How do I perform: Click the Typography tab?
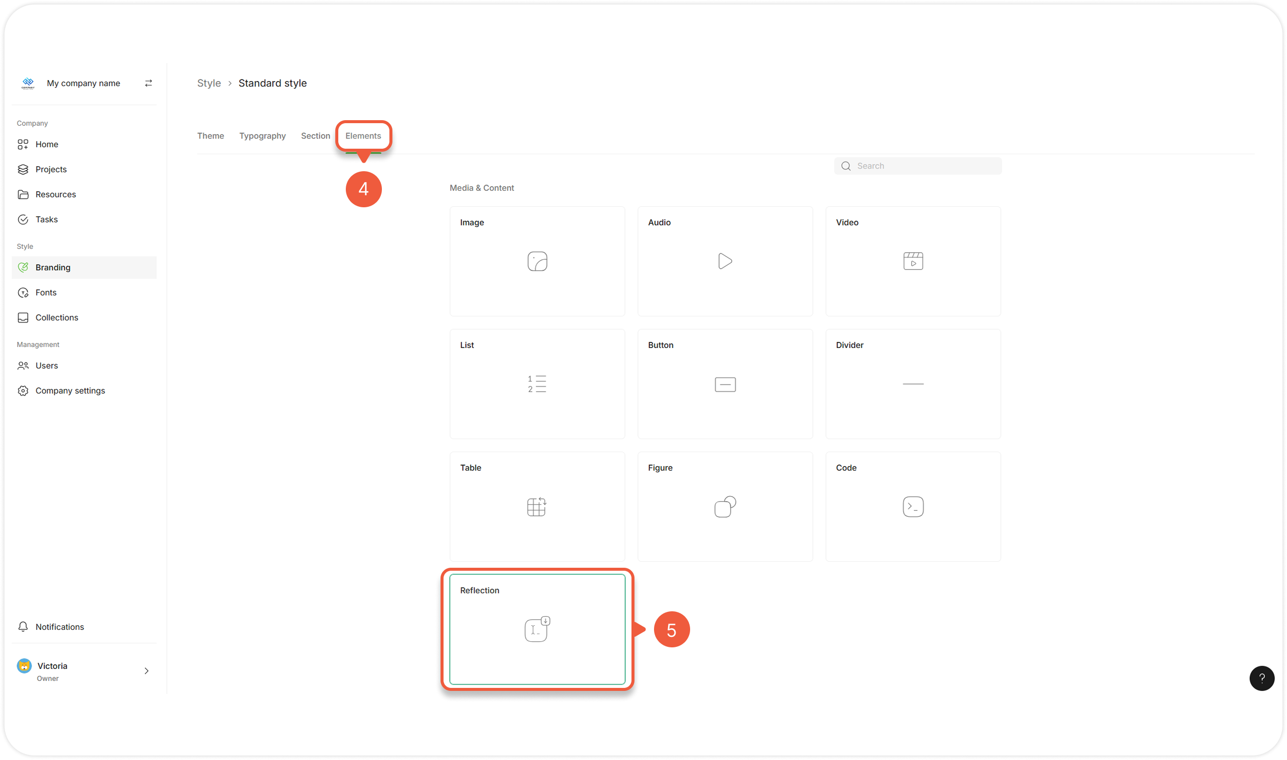pos(263,136)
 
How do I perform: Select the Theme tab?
pos(210,136)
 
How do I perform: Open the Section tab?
pos(315,136)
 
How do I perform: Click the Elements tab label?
pos(363,136)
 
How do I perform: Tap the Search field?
pos(918,166)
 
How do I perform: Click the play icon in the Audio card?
pos(725,261)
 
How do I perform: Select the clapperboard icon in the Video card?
pos(913,261)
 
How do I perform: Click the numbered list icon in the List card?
pos(537,384)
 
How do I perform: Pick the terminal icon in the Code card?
pos(913,507)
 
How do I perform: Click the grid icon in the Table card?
pos(537,507)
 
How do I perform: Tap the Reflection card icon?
pos(537,629)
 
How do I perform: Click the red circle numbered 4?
pos(363,189)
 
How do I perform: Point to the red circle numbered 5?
pos(672,629)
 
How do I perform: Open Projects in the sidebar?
pos(51,170)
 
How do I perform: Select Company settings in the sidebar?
pos(70,391)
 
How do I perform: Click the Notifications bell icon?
pos(23,627)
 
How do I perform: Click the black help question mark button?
pos(1261,678)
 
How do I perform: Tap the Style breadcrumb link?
pos(209,83)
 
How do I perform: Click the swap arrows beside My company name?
pos(148,83)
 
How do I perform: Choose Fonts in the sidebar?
pos(46,293)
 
